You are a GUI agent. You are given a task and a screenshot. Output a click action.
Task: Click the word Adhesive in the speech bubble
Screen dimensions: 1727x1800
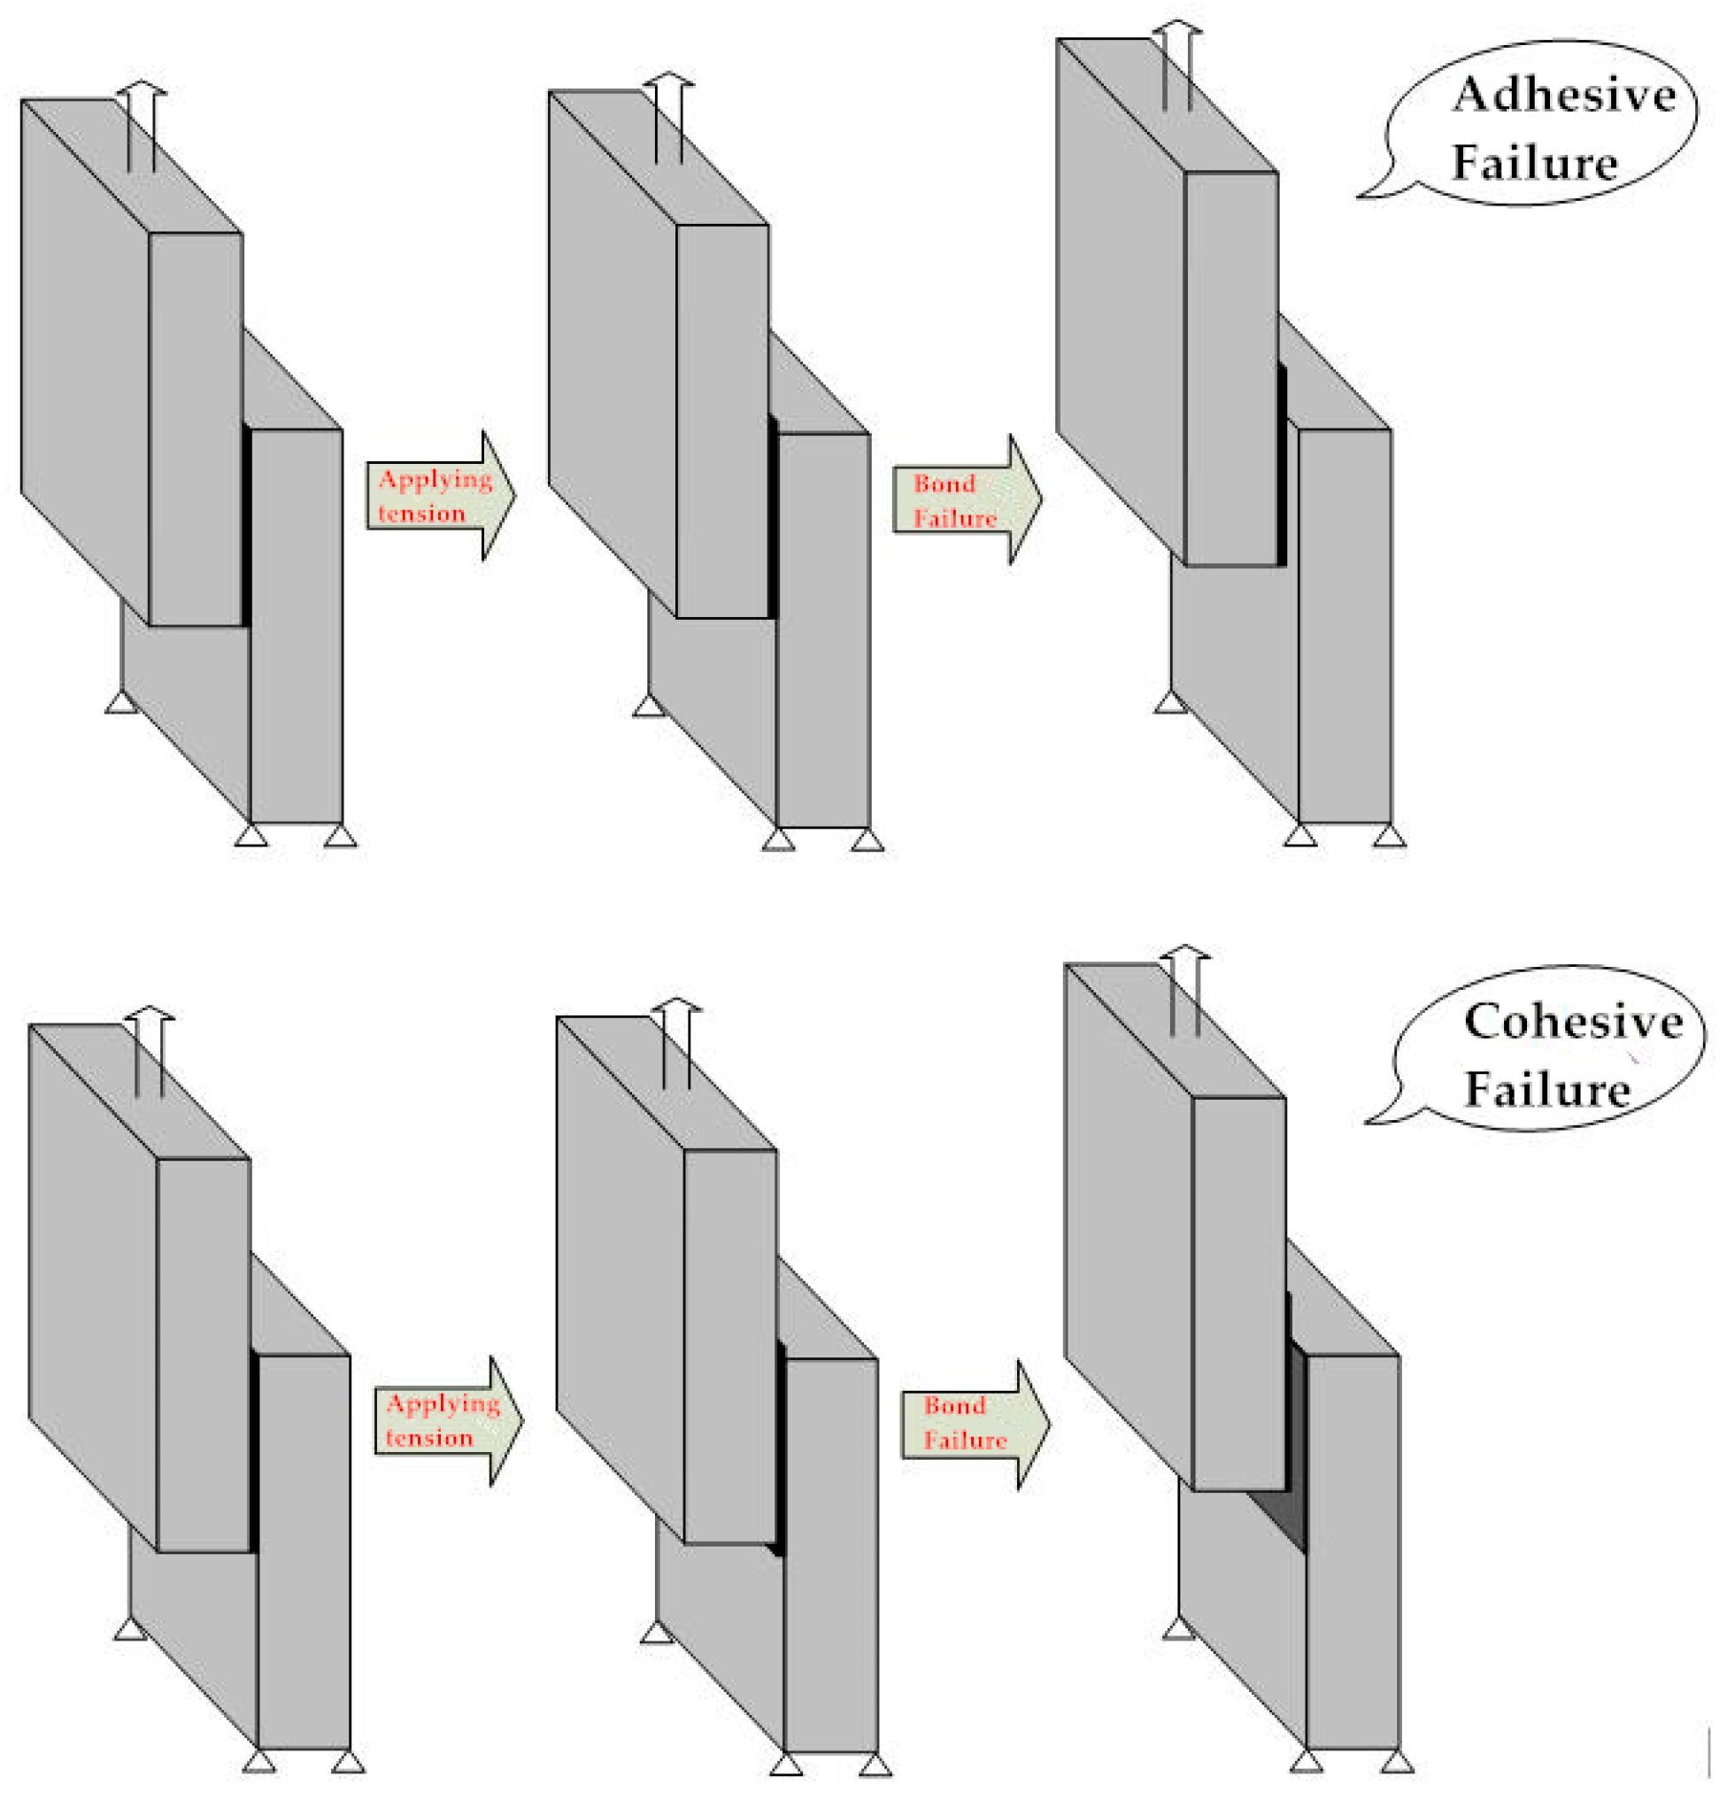(x=1563, y=96)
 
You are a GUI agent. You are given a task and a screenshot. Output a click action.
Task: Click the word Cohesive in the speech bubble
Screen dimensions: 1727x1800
(x=1573, y=1021)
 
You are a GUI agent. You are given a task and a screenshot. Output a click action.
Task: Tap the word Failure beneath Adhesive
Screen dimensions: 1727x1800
(x=1534, y=164)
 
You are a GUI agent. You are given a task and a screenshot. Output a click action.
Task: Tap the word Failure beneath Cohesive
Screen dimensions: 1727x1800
(x=1546, y=1089)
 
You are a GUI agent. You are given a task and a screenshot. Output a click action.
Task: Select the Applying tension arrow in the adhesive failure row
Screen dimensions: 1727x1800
(x=442, y=496)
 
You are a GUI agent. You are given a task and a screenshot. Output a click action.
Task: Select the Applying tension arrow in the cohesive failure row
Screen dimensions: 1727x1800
(x=449, y=1421)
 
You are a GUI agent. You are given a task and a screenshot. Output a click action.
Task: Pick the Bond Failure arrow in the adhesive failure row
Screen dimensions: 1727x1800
(x=968, y=500)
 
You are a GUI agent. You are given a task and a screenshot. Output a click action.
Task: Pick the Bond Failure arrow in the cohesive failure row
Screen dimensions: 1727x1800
(x=976, y=1425)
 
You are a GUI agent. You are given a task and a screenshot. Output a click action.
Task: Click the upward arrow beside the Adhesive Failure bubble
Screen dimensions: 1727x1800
(x=1177, y=65)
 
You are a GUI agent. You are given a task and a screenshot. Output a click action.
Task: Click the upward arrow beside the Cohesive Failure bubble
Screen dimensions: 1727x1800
(x=1184, y=990)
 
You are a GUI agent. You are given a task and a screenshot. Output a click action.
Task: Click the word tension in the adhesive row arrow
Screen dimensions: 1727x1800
(x=421, y=514)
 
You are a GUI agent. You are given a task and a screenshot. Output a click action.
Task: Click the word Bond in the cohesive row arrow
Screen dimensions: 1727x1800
(x=955, y=1406)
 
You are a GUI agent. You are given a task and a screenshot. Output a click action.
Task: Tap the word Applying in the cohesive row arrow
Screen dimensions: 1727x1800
(x=443, y=1404)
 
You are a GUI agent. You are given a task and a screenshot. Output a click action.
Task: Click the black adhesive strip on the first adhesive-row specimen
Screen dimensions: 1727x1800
(x=246, y=525)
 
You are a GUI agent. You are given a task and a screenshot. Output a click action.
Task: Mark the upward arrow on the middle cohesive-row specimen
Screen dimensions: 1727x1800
(x=676, y=1043)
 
